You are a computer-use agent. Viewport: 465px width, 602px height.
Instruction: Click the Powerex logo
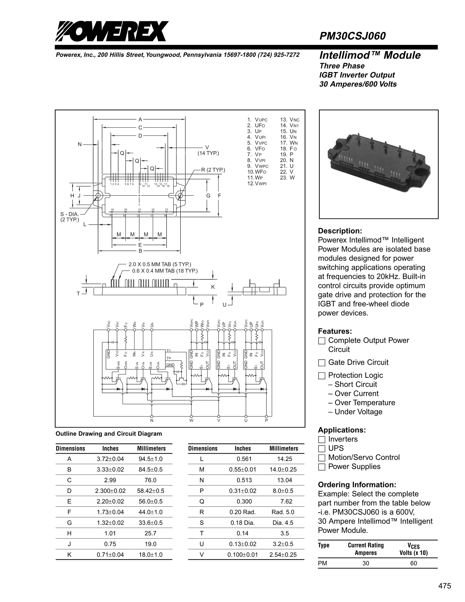111,31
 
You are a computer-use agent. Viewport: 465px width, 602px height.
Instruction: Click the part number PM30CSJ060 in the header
353,36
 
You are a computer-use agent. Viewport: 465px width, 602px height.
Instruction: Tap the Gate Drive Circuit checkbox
321,363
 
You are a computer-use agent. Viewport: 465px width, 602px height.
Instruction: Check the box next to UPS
321,449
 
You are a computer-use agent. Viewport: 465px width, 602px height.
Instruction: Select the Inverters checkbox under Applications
321,439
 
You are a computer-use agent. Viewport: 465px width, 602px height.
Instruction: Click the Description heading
340,231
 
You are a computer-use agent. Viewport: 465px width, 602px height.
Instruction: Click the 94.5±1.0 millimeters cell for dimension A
150,459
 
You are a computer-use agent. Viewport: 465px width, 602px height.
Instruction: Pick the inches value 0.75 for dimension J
110,544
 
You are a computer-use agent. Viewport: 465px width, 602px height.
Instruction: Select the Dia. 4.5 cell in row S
285,523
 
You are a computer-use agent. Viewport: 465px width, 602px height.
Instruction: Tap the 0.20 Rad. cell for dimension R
243,512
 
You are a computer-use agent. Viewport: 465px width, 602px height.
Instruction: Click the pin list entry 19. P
287,154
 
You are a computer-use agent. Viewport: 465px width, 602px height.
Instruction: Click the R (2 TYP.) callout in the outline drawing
213,170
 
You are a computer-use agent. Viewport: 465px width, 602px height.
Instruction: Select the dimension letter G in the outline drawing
209,196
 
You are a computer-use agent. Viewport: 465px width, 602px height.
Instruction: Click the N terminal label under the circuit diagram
151,420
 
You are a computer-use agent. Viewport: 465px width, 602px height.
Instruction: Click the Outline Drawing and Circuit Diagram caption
109,434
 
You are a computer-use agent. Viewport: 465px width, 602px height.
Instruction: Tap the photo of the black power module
378,164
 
